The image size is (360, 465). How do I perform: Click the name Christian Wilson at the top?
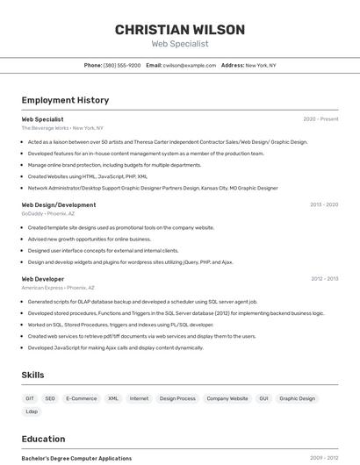(x=179, y=29)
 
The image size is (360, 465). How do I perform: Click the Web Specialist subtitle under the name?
(x=179, y=43)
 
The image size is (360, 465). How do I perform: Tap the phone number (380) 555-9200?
(x=122, y=65)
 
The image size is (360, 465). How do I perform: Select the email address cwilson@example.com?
(x=190, y=65)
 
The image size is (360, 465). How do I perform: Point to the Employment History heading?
(x=65, y=100)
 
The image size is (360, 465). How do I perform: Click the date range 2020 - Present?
(x=320, y=118)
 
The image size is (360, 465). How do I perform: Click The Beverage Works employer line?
(x=62, y=127)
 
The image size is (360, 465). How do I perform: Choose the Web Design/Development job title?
(x=59, y=204)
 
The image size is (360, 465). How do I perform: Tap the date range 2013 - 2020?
(x=323, y=204)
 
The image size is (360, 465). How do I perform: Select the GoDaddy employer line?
(x=48, y=213)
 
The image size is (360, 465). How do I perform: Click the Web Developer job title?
(x=43, y=279)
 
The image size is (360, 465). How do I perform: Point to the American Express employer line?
(x=56, y=288)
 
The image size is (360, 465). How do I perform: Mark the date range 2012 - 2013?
(x=324, y=279)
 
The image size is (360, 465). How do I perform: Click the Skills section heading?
(x=32, y=375)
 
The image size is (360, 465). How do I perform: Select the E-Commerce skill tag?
(x=82, y=398)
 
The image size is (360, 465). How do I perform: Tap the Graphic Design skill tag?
(x=297, y=398)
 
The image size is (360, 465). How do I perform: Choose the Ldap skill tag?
(x=32, y=411)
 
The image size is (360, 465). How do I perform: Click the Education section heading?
(x=43, y=439)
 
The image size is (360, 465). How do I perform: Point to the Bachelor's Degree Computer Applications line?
(x=76, y=458)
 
